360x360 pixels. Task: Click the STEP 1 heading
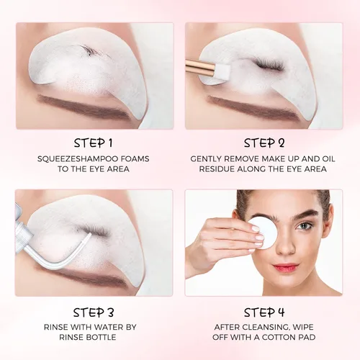tap(93, 143)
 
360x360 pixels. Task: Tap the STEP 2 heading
tap(264, 143)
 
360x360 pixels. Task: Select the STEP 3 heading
tap(93, 312)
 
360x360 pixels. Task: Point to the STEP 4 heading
tap(264, 312)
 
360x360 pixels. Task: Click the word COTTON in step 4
tap(278, 337)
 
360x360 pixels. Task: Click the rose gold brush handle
tap(201, 67)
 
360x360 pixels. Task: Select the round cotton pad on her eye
tap(262, 230)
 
